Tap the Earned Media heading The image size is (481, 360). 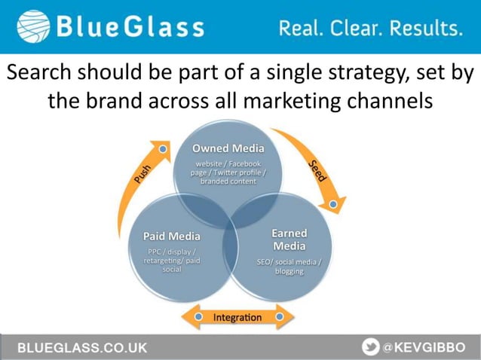[x=289, y=239]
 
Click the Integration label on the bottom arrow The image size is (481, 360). [x=237, y=317]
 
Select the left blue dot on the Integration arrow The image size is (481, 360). [x=196, y=317]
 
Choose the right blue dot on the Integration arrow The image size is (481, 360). [x=280, y=317]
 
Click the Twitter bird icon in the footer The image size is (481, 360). [x=371, y=346]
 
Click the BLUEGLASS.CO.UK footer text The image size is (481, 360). [x=83, y=347]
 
